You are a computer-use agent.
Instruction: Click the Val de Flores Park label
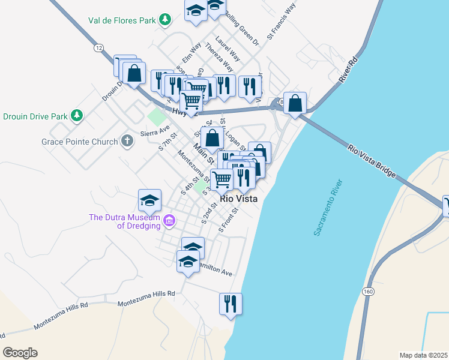pyautogui.click(x=122, y=20)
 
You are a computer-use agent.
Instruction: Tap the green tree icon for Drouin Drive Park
pyautogui.click(x=76, y=115)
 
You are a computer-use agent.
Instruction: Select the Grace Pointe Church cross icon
pyautogui.click(x=127, y=141)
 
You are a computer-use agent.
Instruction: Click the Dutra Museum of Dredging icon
pyautogui.click(x=169, y=221)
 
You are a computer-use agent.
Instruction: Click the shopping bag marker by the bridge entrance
pyautogui.click(x=295, y=103)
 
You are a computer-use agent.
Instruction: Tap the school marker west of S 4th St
pyautogui.click(x=149, y=200)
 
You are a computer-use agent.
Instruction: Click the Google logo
pyautogui.click(x=20, y=353)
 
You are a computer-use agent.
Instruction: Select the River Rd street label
pyautogui.click(x=348, y=68)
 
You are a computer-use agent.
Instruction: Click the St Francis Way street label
pyautogui.click(x=282, y=22)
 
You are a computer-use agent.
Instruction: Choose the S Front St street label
pyautogui.click(x=230, y=220)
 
